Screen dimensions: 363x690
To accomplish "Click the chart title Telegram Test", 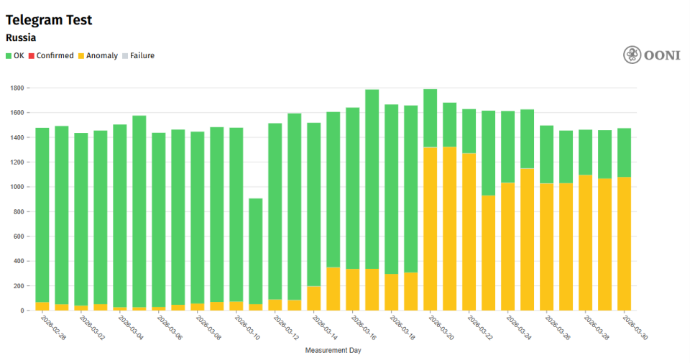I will (x=49, y=20).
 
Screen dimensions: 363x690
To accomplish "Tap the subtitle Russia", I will (x=21, y=37).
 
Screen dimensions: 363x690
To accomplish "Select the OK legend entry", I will (x=15, y=55).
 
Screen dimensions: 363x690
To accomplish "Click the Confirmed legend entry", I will (x=51, y=55).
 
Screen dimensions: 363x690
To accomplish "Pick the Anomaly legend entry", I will (x=98, y=55).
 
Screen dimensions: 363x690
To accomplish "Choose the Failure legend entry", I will (x=138, y=55).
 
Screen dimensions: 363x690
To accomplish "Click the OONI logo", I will (x=651, y=55).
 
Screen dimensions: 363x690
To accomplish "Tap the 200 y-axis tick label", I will (x=19, y=286).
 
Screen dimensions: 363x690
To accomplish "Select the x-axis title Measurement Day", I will (x=333, y=351).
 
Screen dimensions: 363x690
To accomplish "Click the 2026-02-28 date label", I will (x=53, y=327).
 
